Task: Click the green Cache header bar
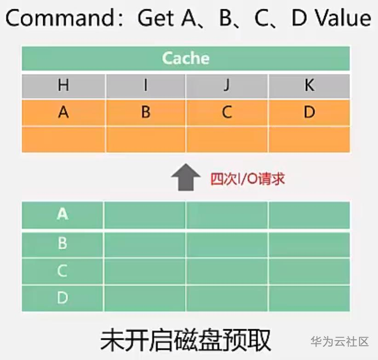(186, 58)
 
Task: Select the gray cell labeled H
(63, 86)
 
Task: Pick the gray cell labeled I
(146, 86)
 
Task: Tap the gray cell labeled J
(227, 86)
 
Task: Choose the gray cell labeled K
(309, 86)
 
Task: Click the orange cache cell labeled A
(63, 113)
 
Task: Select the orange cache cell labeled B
(146, 113)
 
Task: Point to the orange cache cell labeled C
(227, 113)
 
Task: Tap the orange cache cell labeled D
(309, 113)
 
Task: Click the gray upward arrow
(186, 177)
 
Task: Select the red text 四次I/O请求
(247, 179)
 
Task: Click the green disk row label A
(63, 215)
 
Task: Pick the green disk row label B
(63, 243)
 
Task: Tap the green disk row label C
(63, 271)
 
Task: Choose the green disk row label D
(63, 298)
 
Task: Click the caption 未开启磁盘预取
(186, 340)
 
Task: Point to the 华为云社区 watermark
(340, 342)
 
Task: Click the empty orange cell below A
(63, 139)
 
